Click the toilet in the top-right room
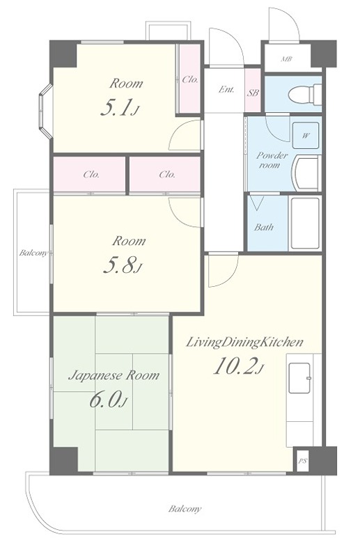coord(305,95)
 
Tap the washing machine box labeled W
coord(305,135)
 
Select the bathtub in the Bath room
coord(305,223)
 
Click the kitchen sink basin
coord(300,378)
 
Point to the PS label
coord(302,461)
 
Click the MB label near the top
coord(286,59)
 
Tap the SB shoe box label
coord(253,93)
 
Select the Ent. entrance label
coord(226,89)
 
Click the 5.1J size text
coord(119,108)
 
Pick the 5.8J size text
coord(122,265)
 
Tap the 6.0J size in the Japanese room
coord(108,400)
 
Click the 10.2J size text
coord(239,366)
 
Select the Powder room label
coord(272,160)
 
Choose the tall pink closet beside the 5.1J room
coord(189,79)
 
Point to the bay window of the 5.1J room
coord(45,111)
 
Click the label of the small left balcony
coord(33,253)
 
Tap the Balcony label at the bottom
coord(185,509)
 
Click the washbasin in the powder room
coord(306,173)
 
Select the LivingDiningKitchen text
coord(245,342)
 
